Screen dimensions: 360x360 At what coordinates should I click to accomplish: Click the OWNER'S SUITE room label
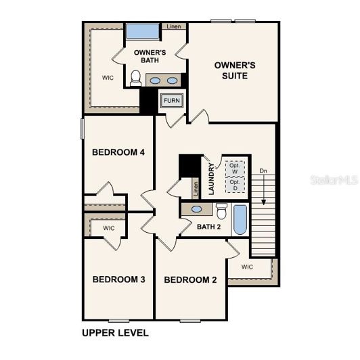(235, 70)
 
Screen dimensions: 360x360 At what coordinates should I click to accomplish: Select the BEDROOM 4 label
(118, 152)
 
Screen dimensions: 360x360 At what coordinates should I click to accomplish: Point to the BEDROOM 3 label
(119, 279)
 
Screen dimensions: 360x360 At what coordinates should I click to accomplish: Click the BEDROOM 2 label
(190, 279)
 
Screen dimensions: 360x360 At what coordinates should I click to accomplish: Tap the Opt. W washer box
(234, 168)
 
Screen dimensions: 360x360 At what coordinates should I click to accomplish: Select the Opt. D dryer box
(234, 185)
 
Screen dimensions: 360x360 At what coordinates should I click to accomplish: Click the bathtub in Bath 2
(240, 218)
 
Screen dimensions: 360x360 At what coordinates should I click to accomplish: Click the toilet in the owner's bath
(135, 81)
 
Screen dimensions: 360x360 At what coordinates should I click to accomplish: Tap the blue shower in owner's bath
(143, 31)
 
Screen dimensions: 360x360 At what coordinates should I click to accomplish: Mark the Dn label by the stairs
(263, 171)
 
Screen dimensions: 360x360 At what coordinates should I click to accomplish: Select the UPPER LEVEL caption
(115, 333)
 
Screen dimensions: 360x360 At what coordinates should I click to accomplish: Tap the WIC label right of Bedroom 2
(247, 267)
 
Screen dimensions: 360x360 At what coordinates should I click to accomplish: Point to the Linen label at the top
(173, 26)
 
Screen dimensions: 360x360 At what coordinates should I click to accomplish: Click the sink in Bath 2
(196, 209)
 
